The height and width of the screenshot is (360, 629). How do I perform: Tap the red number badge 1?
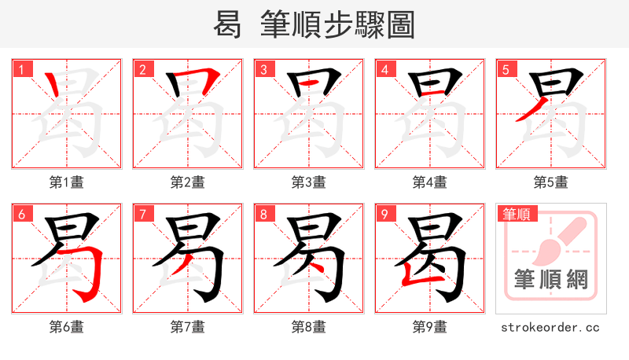[x=21, y=69]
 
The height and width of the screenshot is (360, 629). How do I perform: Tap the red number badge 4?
[x=384, y=69]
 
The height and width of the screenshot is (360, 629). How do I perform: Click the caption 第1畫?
[x=67, y=182]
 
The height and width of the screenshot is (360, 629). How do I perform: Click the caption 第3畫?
[x=309, y=182]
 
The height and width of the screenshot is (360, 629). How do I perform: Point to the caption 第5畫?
[x=551, y=182]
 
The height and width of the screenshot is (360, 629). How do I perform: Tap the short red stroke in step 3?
[x=309, y=83]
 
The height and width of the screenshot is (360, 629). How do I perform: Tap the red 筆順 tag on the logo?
[x=517, y=214]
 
